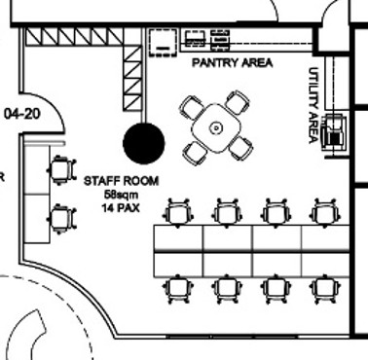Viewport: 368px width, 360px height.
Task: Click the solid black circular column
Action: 144,143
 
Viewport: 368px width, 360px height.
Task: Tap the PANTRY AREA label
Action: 233,62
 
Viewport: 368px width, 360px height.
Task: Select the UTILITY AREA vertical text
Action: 313,105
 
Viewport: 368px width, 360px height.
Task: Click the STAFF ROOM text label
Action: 122,181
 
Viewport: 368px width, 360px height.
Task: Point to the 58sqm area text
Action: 122,195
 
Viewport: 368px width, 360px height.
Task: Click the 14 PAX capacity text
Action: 121,207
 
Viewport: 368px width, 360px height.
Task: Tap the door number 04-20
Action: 22,114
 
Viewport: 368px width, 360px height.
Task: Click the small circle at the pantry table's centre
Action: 216,128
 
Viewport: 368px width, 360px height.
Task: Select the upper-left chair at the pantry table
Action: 192,107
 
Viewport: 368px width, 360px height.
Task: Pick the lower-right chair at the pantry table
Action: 240,148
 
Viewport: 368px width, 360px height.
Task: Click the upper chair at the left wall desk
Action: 62,170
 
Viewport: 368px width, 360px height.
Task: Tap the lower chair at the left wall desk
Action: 62,219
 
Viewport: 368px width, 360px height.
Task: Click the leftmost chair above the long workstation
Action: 178,212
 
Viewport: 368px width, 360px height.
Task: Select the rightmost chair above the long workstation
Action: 325,212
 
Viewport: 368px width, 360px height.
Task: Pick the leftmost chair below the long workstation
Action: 178,289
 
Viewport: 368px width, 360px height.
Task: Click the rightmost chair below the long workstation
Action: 325,289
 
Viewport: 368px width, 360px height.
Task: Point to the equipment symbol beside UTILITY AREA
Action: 334,133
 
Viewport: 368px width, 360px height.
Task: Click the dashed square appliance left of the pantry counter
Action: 163,42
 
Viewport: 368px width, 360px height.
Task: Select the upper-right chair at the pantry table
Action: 238,102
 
